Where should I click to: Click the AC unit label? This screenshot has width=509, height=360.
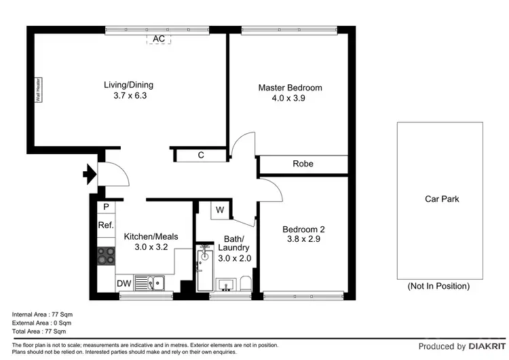coord(158,39)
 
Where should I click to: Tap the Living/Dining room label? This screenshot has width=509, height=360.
coord(128,85)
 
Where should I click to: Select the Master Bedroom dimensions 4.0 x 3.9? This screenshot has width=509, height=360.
coord(290,98)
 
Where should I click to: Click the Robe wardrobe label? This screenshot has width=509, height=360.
coord(303,164)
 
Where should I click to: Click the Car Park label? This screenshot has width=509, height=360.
coord(442,199)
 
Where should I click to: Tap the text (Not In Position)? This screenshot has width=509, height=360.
coord(438,286)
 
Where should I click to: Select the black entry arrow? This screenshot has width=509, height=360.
coord(89,176)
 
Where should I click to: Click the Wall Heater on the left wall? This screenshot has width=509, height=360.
coord(39,89)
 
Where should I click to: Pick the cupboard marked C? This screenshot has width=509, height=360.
coord(201,156)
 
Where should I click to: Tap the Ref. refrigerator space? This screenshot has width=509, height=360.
coord(106,225)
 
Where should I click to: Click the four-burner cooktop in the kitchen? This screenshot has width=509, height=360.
coord(107,256)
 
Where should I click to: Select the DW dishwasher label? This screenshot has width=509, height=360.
coord(124,284)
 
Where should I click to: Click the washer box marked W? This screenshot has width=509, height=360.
coord(220,210)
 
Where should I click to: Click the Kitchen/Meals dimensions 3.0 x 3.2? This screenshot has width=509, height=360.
coord(151,247)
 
